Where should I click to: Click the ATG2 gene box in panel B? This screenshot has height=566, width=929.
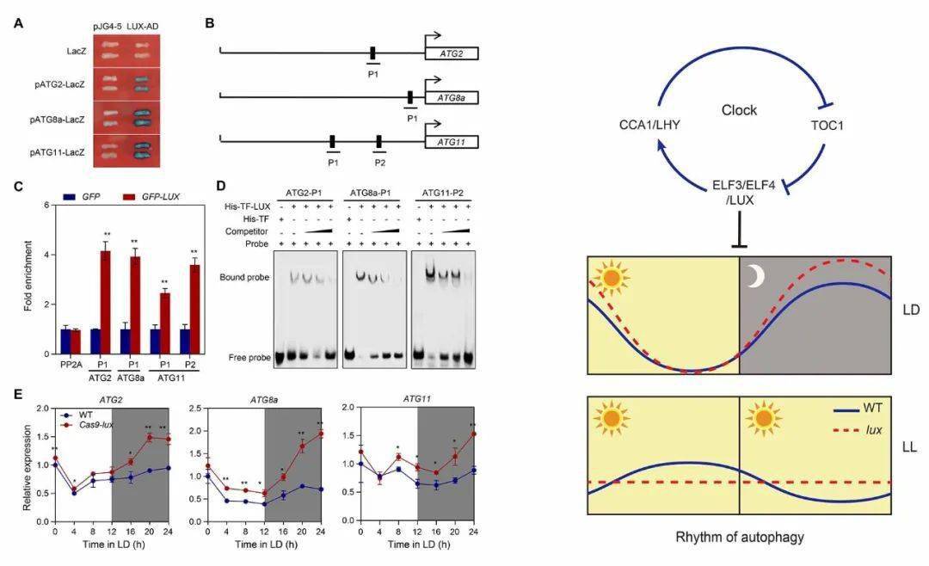pos(452,53)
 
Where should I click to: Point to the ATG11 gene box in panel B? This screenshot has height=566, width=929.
pos(452,142)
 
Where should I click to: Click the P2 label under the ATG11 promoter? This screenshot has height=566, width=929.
pos(378,161)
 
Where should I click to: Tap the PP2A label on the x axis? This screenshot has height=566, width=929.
pos(71,364)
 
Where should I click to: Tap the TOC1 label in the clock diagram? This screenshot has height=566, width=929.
pos(824,125)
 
